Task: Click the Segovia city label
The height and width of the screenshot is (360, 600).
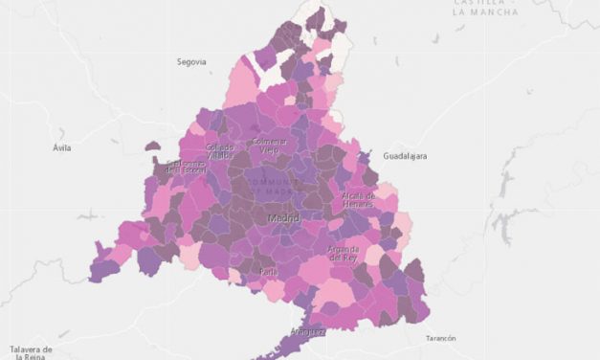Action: (191, 61)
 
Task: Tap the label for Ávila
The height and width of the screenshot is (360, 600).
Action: (62, 148)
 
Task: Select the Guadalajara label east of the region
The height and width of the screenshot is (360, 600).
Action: (404, 155)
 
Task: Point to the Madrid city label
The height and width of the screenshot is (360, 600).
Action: (283, 219)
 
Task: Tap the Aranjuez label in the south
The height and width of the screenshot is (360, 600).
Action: (308, 330)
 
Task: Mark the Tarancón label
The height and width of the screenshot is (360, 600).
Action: (440, 338)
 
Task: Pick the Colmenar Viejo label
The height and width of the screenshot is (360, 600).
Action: (270, 145)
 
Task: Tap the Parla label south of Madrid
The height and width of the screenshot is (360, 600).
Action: (268, 272)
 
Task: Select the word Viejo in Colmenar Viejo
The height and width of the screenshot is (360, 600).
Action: (270, 149)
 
